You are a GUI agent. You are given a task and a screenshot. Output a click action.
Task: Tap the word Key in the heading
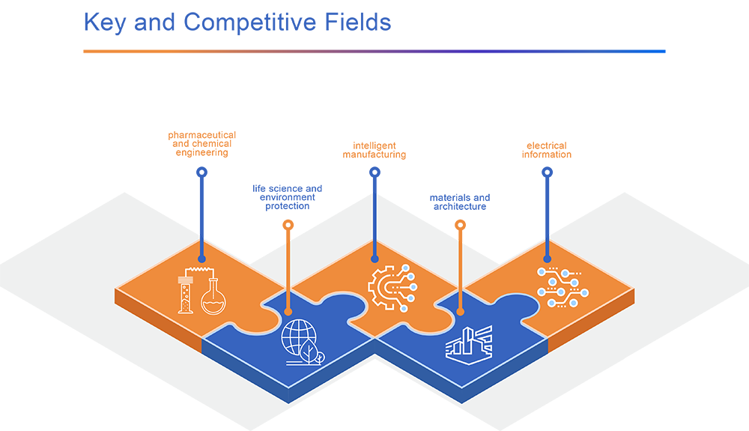tap(105, 22)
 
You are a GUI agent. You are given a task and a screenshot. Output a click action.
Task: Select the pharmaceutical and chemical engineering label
tap(201, 144)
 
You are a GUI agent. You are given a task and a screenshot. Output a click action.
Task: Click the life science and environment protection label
tap(288, 198)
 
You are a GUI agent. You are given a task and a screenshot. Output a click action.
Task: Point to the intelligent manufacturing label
tap(374, 150)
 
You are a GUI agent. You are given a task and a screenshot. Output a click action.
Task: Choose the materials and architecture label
tap(460, 202)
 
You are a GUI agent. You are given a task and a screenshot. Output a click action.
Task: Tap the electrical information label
tap(547, 150)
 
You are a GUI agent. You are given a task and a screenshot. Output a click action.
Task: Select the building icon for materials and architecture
tap(469, 343)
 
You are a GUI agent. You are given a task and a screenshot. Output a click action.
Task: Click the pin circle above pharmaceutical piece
tap(201, 172)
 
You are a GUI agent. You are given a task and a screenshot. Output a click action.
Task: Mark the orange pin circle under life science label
tap(288, 224)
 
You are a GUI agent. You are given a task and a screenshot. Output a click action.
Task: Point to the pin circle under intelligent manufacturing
tap(374, 172)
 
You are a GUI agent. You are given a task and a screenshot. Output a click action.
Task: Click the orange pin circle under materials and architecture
tap(460, 224)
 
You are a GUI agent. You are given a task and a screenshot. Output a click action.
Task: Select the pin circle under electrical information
tap(547, 172)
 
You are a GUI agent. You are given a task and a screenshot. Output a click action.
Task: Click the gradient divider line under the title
tap(374, 52)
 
